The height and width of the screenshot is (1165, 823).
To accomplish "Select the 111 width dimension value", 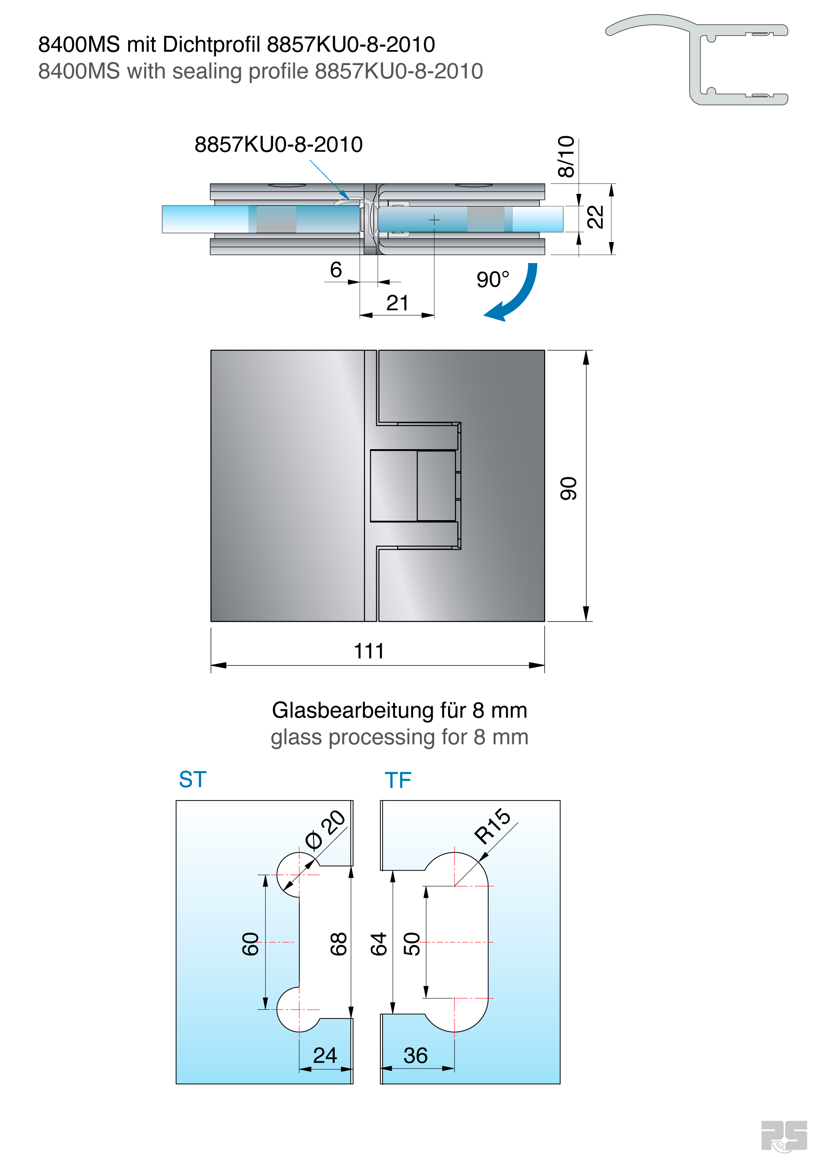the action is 369,651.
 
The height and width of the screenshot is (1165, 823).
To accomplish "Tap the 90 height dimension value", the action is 568,488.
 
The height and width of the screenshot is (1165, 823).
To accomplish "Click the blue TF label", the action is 398,780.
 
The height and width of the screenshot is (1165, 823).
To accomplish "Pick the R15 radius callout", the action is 492,826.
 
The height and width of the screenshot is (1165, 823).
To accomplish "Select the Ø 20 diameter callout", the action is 325,830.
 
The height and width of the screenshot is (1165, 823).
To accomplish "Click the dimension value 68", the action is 338,944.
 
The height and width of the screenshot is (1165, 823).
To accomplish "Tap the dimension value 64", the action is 379,944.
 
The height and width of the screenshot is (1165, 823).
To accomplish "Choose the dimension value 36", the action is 415,1056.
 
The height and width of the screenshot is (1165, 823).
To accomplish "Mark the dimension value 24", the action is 325,1055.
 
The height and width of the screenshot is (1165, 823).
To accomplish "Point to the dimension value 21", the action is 397,303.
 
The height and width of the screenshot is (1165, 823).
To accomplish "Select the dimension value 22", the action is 595,217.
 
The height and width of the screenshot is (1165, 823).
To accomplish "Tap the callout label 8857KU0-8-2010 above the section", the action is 278,145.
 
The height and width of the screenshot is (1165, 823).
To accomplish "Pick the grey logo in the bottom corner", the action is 784,1136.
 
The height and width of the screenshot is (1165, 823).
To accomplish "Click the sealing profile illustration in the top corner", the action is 696,59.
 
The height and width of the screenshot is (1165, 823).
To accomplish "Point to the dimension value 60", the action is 251,944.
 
